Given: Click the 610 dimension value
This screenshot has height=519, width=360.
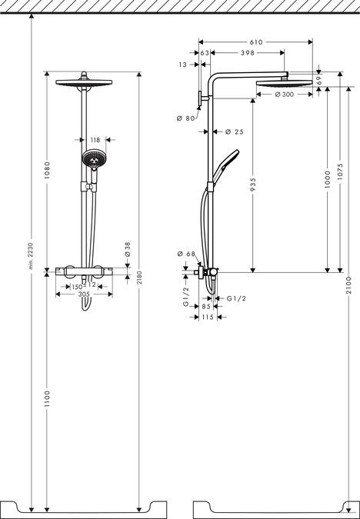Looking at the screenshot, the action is pyautogui.click(x=256, y=42).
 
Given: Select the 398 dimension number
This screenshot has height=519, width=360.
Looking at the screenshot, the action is pyautogui.click(x=248, y=52).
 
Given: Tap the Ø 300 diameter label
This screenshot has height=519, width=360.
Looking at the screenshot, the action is pyautogui.click(x=285, y=95).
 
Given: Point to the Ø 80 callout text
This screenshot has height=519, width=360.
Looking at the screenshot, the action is pyautogui.click(x=186, y=118).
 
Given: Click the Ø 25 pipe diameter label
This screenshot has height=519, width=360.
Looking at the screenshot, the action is pyautogui.click(x=234, y=131).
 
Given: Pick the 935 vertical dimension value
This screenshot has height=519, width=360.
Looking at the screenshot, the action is pyautogui.click(x=253, y=185).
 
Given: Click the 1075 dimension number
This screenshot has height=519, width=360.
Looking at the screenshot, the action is pyautogui.click(x=341, y=171).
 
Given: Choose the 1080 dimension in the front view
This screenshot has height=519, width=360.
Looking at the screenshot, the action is pyautogui.click(x=47, y=170).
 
